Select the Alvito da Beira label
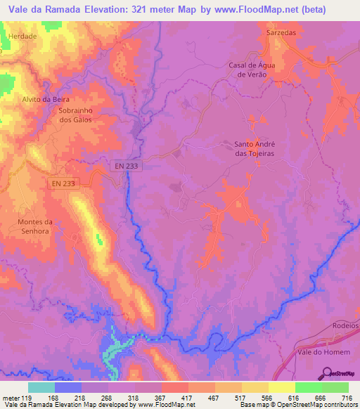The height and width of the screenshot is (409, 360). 46,99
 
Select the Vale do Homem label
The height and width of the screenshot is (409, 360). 323,352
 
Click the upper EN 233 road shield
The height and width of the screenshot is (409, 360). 126,164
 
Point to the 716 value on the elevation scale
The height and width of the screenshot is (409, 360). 346,398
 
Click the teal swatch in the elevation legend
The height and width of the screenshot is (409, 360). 41,387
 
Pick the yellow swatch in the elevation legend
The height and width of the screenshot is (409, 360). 282,387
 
